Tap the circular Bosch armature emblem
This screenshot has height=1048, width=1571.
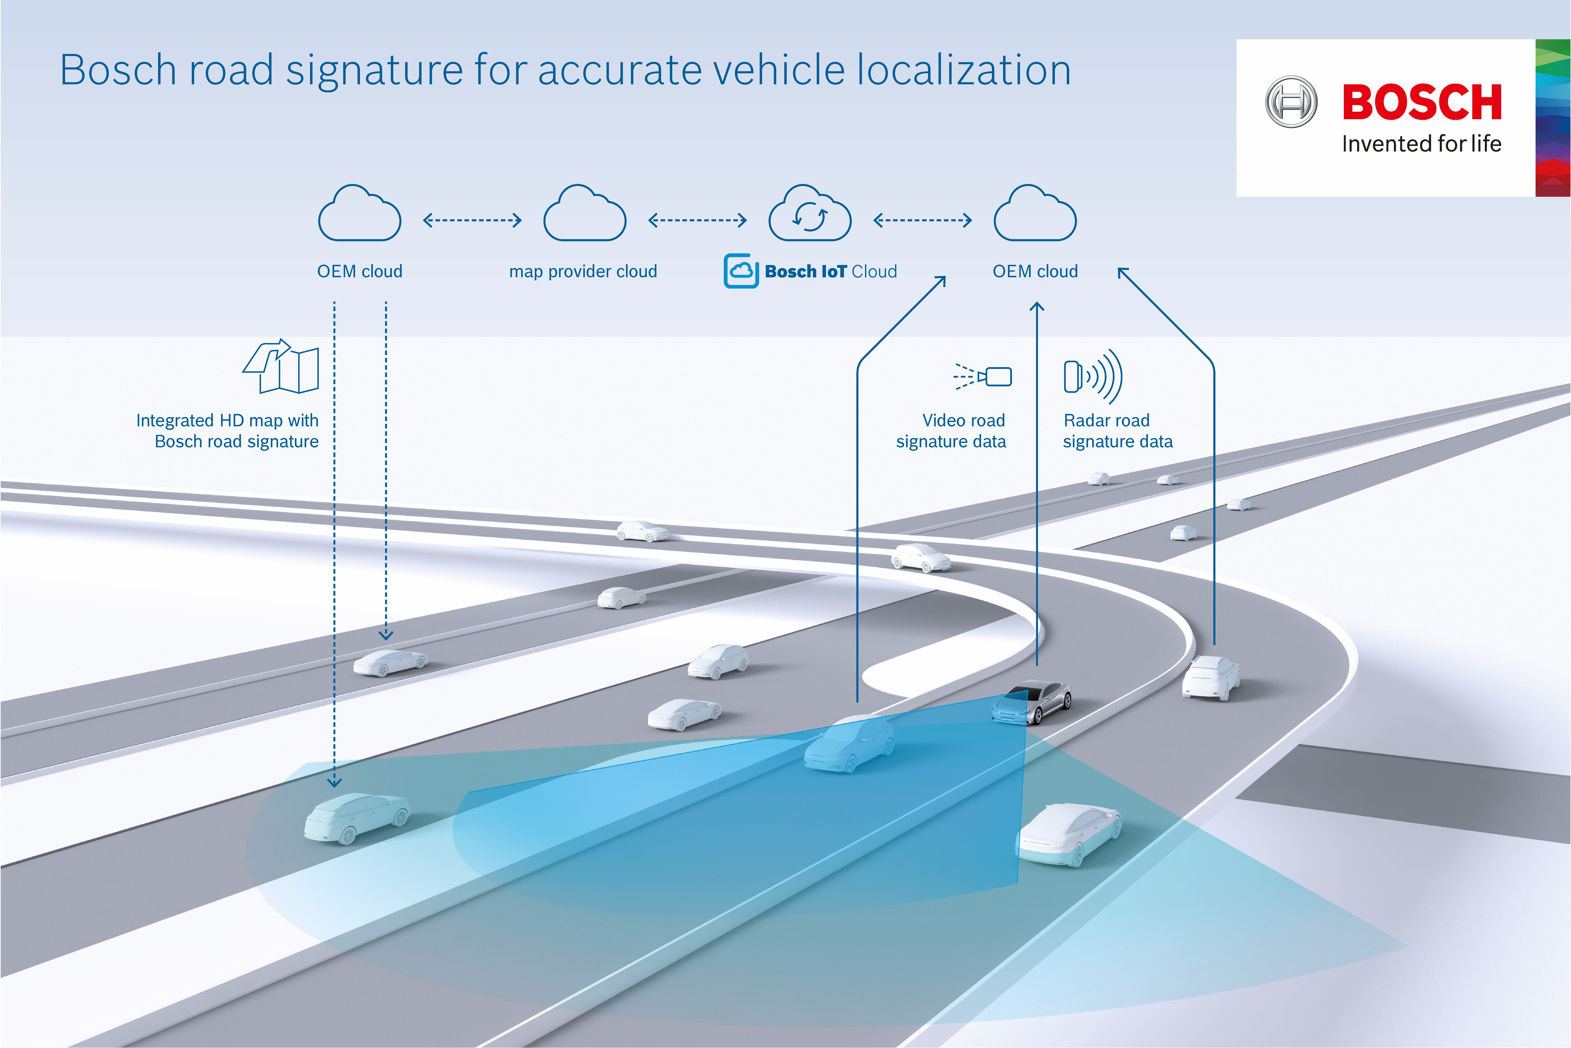pyautogui.click(x=1291, y=102)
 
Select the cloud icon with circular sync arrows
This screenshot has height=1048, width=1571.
pyautogui.click(x=810, y=214)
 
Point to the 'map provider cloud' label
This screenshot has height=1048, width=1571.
pyautogui.click(x=583, y=271)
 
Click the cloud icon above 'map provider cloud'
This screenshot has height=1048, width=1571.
pyautogui.click(x=584, y=214)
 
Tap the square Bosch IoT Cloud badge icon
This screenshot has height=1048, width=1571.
pyautogui.click(x=741, y=271)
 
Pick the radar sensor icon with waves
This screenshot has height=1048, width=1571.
pyautogui.click(x=1092, y=376)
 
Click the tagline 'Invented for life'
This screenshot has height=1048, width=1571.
pyautogui.click(x=1421, y=144)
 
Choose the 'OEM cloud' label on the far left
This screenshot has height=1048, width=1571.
pyautogui.click(x=359, y=271)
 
